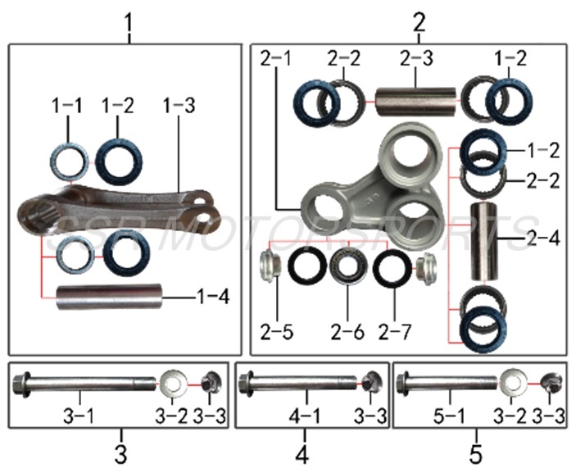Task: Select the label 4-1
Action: click(304, 416)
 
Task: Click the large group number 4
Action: click(302, 453)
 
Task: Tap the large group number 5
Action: click(476, 453)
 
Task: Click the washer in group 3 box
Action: click(173, 383)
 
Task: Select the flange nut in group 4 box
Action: click(370, 382)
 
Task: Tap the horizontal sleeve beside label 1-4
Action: click(110, 297)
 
